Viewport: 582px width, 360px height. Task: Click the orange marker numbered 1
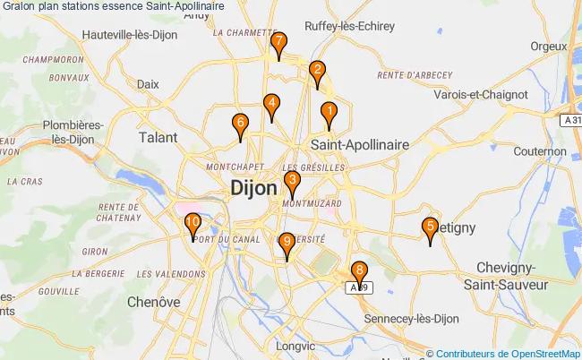(x=329, y=113)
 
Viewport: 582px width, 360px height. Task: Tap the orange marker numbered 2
(x=317, y=71)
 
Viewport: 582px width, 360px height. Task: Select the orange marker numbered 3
(x=292, y=182)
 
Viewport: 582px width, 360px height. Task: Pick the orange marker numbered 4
(x=271, y=105)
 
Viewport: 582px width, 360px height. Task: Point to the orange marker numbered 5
(x=431, y=228)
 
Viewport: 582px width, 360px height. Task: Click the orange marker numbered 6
(x=240, y=124)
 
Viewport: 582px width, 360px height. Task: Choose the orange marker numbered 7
(x=279, y=42)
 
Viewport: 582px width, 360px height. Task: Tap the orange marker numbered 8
(x=359, y=270)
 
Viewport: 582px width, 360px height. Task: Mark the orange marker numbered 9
(x=287, y=242)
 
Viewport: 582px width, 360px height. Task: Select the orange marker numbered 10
(x=193, y=223)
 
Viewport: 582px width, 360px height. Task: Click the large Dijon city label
(x=253, y=189)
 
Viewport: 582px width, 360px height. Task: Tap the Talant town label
(x=158, y=138)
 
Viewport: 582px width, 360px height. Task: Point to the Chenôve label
(x=153, y=302)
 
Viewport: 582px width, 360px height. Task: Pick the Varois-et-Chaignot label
(x=480, y=94)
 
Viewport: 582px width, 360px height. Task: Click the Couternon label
(x=541, y=151)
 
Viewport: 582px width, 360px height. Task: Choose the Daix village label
(x=148, y=83)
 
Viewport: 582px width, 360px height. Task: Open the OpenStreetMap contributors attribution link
(x=508, y=353)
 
